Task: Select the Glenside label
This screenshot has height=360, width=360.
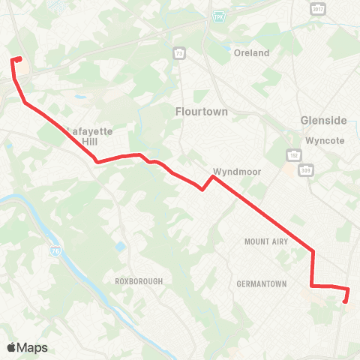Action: coord(323,120)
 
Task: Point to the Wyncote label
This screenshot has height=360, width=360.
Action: coord(325,140)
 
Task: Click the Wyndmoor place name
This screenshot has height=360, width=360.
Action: coord(237,171)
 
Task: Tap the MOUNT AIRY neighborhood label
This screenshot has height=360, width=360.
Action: coord(267,241)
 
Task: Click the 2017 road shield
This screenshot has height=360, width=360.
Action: coord(316,7)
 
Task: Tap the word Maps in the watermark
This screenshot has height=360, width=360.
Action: coord(33,347)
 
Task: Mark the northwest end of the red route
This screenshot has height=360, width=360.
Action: coord(18,59)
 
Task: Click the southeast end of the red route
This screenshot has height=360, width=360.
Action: coord(345,301)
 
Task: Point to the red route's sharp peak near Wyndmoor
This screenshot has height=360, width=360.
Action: coord(213,177)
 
